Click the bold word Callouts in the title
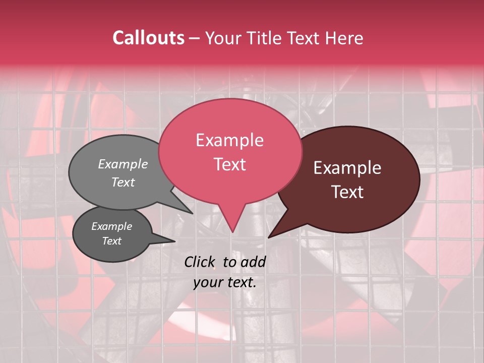pyautogui.click(x=148, y=38)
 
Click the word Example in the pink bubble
pyautogui.click(x=229, y=140)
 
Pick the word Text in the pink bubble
pyautogui.click(x=229, y=164)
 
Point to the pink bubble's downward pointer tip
pyautogui.click(x=232, y=232)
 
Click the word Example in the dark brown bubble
pyautogui.click(x=347, y=168)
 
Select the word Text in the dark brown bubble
pyautogui.click(x=348, y=192)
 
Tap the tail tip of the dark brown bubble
pyautogui.click(x=269, y=237)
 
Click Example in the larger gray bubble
pyautogui.click(x=123, y=164)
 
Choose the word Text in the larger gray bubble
pyautogui.click(x=123, y=182)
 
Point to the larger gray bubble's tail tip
pyautogui.click(x=193, y=213)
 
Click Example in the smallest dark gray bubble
pyautogui.click(x=111, y=226)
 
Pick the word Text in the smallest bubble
pyautogui.click(x=111, y=241)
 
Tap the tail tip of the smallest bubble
pyautogui.click(x=174, y=241)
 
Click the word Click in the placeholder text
pyautogui.click(x=200, y=262)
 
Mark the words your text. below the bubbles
pyautogui.click(x=225, y=282)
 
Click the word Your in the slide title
pyautogui.click(x=224, y=38)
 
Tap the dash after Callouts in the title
pyautogui.click(x=194, y=38)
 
